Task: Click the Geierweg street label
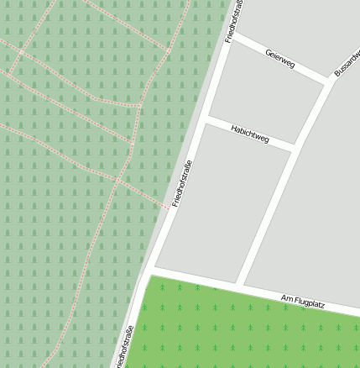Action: (x=279, y=59)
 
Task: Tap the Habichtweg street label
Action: (x=249, y=133)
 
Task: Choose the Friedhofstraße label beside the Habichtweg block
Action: (x=182, y=183)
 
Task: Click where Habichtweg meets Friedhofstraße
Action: (x=205, y=120)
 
